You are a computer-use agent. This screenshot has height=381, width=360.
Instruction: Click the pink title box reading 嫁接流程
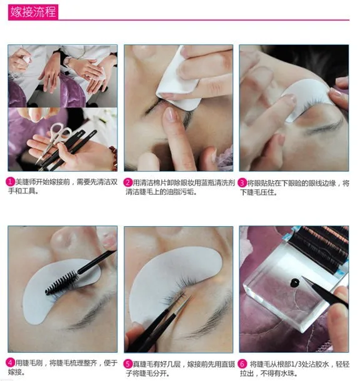click(33, 12)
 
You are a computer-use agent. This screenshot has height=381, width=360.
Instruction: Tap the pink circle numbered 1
click(10, 182)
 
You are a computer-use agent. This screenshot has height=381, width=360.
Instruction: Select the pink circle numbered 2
click(128, 182)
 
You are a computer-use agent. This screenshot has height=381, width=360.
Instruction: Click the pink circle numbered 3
click(242, 183)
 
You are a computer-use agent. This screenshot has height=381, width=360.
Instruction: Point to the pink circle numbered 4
click(11, 363)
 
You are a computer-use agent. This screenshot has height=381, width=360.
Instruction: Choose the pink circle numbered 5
click(128, 364)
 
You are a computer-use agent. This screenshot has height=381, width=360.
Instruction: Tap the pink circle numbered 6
click(242, 364)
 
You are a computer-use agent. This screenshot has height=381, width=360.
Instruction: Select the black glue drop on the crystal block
click(294, 282)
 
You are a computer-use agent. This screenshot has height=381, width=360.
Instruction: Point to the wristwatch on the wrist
click(67, 61)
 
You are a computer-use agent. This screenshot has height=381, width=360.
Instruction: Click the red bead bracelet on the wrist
click(113, 157)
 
